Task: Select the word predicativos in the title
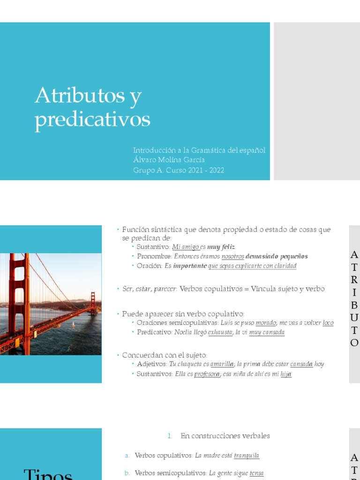pos(92,120)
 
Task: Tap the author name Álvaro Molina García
pos(169,160)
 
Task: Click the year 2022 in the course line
pos(217,170)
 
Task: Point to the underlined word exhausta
pos(220,332)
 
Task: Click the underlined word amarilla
pos(222,364)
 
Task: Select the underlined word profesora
pos(207,374)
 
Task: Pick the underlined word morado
pos(266,323)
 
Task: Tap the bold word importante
pos(190,266)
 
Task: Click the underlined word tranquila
pos(247,456)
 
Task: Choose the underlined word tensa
pos(256,473)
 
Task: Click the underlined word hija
pos(286,374)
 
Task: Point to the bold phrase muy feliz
pos(221,247)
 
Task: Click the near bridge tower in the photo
pos(20,300)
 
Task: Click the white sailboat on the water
pos(73,324)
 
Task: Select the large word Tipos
pos(48,474)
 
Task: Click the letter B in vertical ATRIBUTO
pos(354,306)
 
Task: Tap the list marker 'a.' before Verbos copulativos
pos(127,456)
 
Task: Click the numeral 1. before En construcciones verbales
pos(170,436)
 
